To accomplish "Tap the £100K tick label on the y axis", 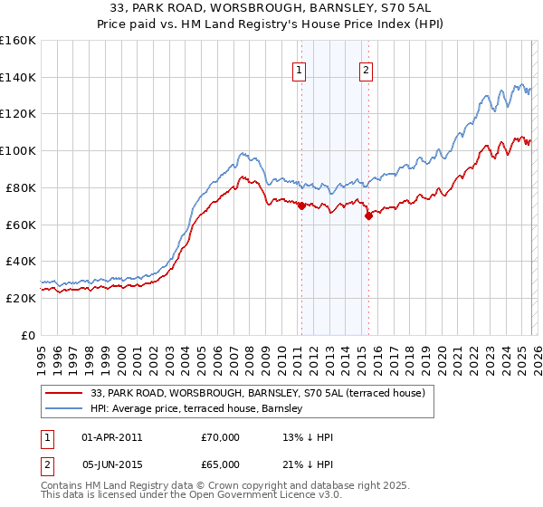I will (x=16, y=150).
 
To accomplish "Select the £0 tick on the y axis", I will (x=28, y=335).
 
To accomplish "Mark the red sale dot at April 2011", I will (x=301, y=206).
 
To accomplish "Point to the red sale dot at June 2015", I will (x=368, y=215).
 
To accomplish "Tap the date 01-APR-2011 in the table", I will (x=111, y=437).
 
